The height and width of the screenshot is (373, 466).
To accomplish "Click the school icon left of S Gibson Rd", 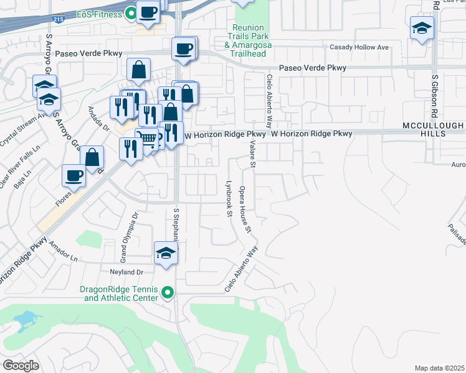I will (x=422, y=29).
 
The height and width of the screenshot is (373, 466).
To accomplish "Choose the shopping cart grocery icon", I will (x=147, y=138).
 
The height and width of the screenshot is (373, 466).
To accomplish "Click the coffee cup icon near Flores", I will (x=74, y=176).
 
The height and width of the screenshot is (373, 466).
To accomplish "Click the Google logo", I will (x=21, y=365).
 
